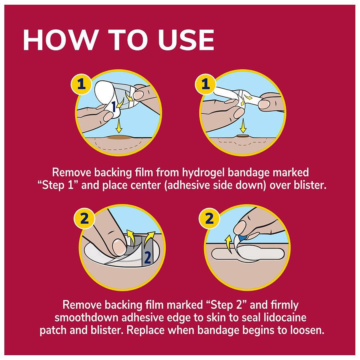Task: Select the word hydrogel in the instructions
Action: click(198, 173)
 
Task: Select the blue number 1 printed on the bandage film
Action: click(114, 107)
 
